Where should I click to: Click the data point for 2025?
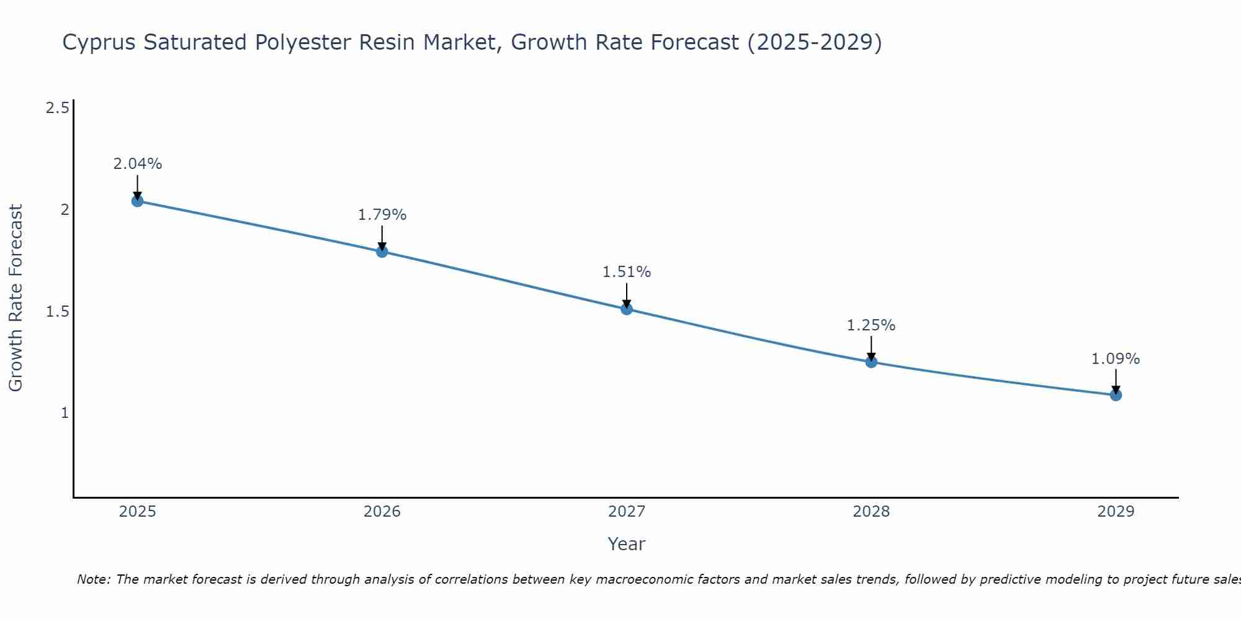point(137,201)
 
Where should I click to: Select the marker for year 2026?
point(382,252)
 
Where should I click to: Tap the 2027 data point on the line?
point(627,309)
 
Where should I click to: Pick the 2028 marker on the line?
point(871,361)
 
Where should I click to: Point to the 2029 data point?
point(1116,394)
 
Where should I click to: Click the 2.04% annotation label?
point(137,164)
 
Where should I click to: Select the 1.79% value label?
point(382,215)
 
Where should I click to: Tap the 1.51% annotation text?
point(627,272)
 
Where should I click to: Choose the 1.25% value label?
point(871,325)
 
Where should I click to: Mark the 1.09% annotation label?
point(1116,359)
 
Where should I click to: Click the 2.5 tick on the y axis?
point(57,108)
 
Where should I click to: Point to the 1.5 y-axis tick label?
point(57,311)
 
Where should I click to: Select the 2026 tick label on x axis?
point(382,512)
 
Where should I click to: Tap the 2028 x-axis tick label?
point(871,512)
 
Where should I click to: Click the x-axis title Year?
point(627,544)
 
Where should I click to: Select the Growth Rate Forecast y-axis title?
point(16,298)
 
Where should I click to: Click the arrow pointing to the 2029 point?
point(1116,380)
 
